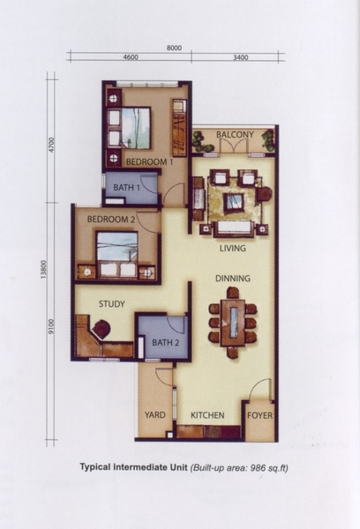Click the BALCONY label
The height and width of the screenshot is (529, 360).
[x=235, y=135]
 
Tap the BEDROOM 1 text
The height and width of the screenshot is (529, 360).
[x=149, y=162]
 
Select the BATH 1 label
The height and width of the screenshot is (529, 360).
[x=127, y=187]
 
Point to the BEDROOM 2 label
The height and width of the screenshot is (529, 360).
[x=111, y=220]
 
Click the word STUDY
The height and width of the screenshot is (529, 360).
[x=112, y=304]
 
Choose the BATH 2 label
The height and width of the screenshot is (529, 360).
[x=166, y=343]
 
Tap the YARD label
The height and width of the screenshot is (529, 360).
[x=155, y=414]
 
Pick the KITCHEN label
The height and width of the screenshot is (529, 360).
[x=207, y=415]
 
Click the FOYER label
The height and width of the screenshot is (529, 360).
[x=259, y=415]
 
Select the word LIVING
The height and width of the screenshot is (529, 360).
[x=233, y=249]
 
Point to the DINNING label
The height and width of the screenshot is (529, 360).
[x=233, y=279]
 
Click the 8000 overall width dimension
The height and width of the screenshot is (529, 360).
[x=174, y=48]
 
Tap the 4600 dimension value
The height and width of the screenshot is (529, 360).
[x=131, y=57]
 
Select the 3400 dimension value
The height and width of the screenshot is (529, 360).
[x=241, y=57]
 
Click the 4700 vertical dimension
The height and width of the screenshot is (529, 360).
[x=51, y=145]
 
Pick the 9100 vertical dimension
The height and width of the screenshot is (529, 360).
[x=51, y=326]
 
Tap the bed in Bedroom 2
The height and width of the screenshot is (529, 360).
[x=117, y=255]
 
